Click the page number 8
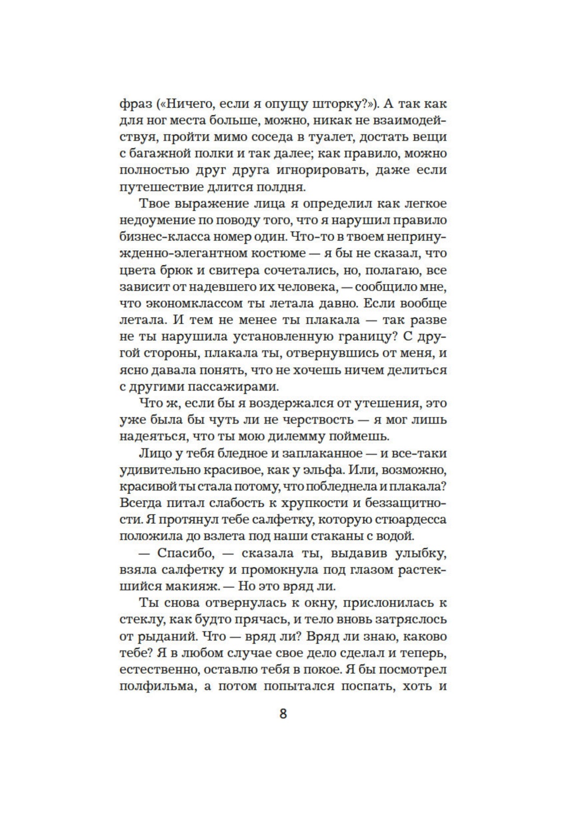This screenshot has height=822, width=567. [283, 714]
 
